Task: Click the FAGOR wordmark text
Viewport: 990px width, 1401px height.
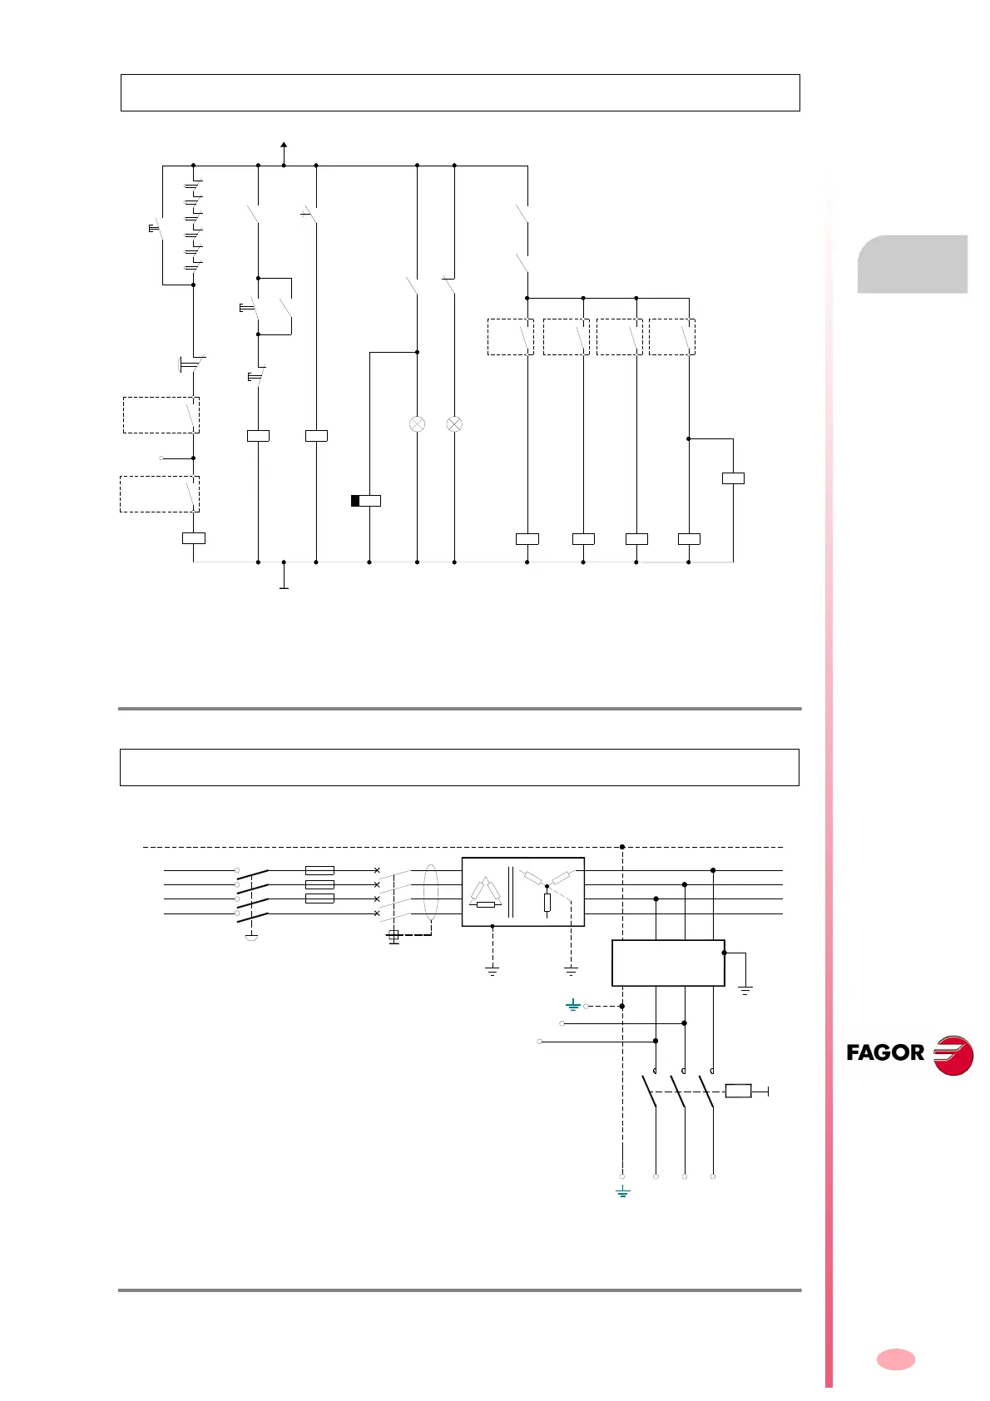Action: tap(885, 1052)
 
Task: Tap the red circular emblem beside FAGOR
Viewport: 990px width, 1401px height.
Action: tap(953, 1054)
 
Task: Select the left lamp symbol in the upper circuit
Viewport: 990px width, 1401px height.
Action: tap(417, 424)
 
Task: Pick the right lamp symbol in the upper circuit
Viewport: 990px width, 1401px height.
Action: tap(454, 424)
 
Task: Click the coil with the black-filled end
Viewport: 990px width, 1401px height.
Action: tap(366, 501)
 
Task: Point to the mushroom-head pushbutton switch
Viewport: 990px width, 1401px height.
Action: tap(191, 364)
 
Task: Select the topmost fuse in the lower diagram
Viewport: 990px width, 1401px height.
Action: tap(320, 870)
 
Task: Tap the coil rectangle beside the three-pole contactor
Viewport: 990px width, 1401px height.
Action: tap(738, 1091)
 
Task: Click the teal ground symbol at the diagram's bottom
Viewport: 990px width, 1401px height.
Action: tap(622, 1193)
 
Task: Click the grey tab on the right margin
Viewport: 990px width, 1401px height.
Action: tap(913, 264)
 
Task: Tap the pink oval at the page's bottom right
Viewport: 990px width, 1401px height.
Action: tap(896, 1359)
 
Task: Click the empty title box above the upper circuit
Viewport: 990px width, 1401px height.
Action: tap(460, 92)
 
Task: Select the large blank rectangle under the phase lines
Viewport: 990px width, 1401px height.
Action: tap(668, 963)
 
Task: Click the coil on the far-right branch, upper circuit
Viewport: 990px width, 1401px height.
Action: tap(733, 478)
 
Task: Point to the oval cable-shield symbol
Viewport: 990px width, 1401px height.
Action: tap(430, 893)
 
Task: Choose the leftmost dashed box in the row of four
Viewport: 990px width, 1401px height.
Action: tap(510, 337)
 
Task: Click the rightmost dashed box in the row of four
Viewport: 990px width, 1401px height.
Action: tap(671, 337)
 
